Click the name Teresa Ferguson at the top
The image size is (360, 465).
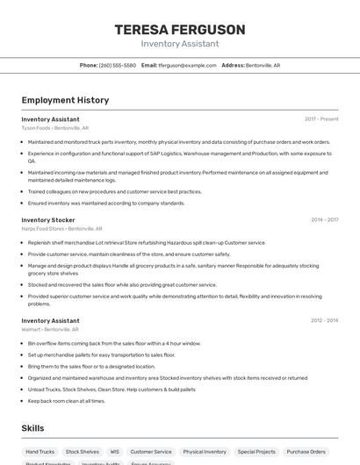click(179, 30)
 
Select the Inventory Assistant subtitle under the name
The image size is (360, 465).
click(179, 44)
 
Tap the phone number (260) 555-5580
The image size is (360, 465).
click(118, 65)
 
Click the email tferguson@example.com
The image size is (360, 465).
click(187, 65)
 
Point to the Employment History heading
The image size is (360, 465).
click(65, 100)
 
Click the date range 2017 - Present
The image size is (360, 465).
click(321, 118)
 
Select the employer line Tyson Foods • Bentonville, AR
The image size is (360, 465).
click(55, 127)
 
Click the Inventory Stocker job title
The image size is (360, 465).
click(48, 220)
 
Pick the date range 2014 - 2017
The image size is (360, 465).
click(324, 220)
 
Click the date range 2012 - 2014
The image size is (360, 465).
click(324, 321)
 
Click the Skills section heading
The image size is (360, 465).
click(33, 427)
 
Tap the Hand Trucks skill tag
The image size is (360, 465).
click(40, 452)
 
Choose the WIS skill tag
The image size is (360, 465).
click(114, 452)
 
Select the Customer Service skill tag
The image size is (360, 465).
click(151, 452)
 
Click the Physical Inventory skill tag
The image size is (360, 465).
click(205, 452)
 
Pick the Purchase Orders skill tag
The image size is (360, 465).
click(306, 452)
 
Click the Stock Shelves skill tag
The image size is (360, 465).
click(83, 452)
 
